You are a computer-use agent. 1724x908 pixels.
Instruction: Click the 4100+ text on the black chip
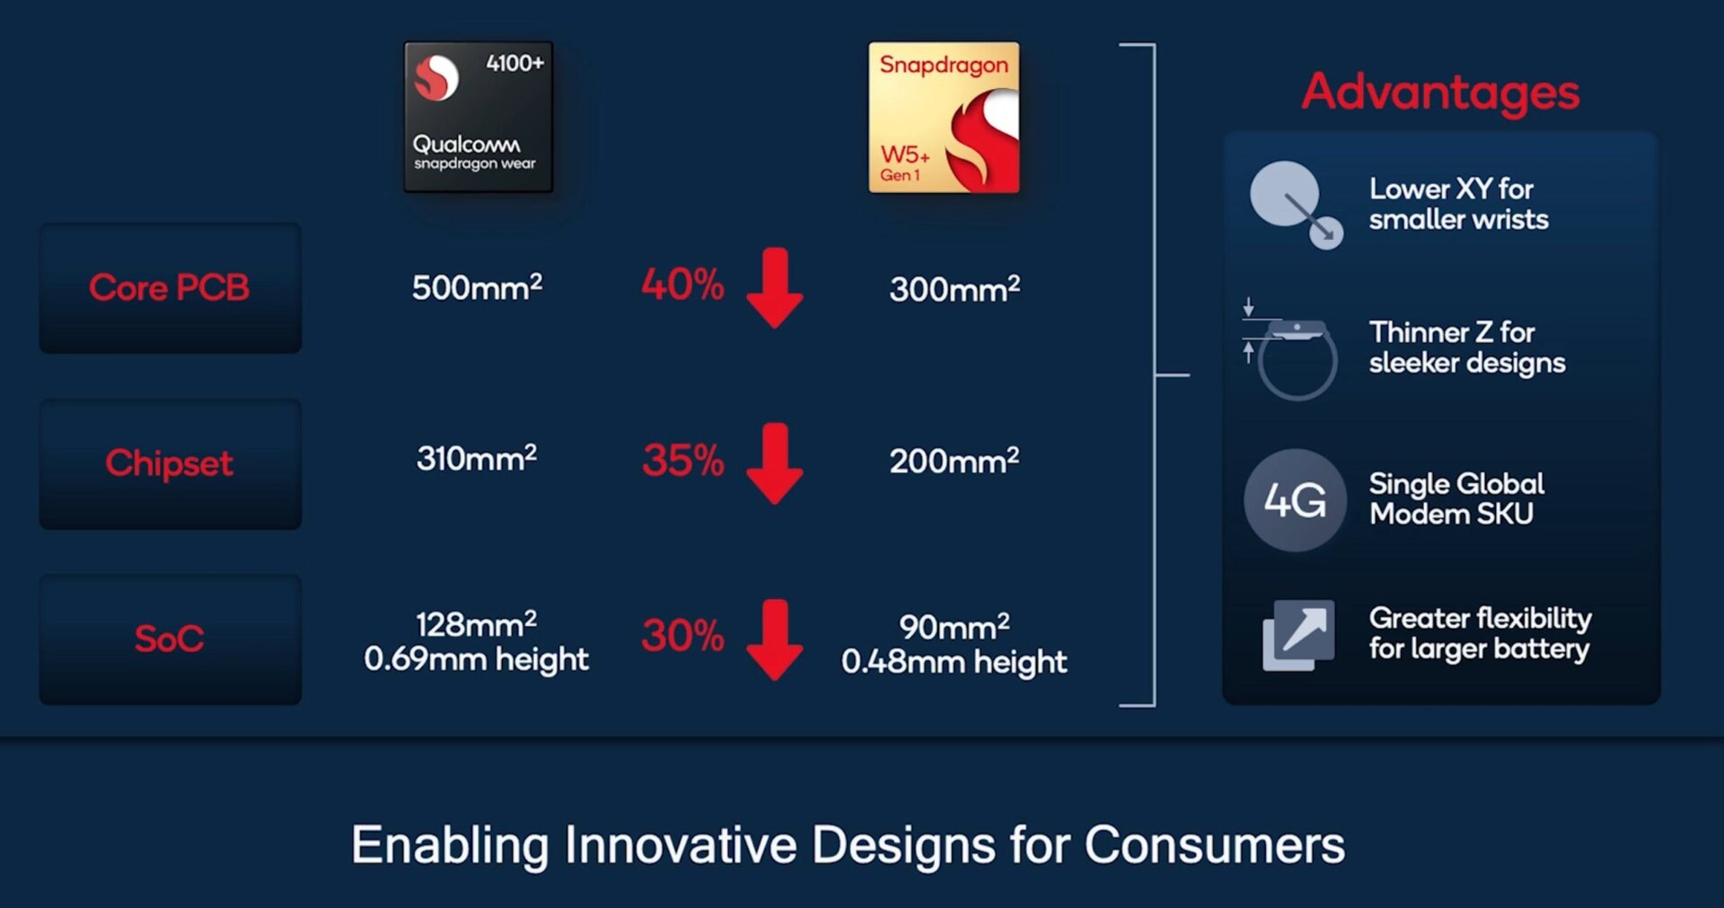point(515,63)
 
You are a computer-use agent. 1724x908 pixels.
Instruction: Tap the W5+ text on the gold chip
point(904,154)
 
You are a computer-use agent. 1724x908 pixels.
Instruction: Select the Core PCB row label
point(169,287)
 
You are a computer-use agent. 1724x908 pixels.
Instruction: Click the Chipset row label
point(169,463)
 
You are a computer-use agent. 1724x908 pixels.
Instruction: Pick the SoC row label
point(169,639)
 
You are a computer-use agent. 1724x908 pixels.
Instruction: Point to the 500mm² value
point(477,287)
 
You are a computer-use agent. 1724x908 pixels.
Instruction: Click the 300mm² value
point(954,289)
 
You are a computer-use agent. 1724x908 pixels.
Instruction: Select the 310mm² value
point(477,458)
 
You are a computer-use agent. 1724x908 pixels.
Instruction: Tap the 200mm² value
point(954,461)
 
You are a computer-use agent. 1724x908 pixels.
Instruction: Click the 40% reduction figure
point(682,285)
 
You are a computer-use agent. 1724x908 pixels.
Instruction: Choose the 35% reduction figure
point(682,461)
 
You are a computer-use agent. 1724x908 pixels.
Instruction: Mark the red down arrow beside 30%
point(774,639)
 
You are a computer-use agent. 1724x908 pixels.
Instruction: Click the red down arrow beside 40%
point(774,287)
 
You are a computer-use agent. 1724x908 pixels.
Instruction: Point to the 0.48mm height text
point(954,662)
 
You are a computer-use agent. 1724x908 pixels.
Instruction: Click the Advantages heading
point(1440,92)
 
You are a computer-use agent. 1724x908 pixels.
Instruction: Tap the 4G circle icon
point(1295,500)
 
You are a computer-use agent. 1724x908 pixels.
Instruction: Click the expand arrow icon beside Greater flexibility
point(1298,635)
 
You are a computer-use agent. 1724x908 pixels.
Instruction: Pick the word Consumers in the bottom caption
point(1214,845)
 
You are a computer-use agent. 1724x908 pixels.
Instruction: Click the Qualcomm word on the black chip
point(466,144)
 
